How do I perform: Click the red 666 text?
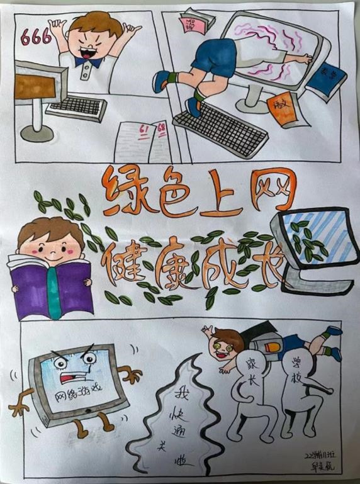[x=37, y=37]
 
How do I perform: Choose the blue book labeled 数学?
[x=322, y=79]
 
